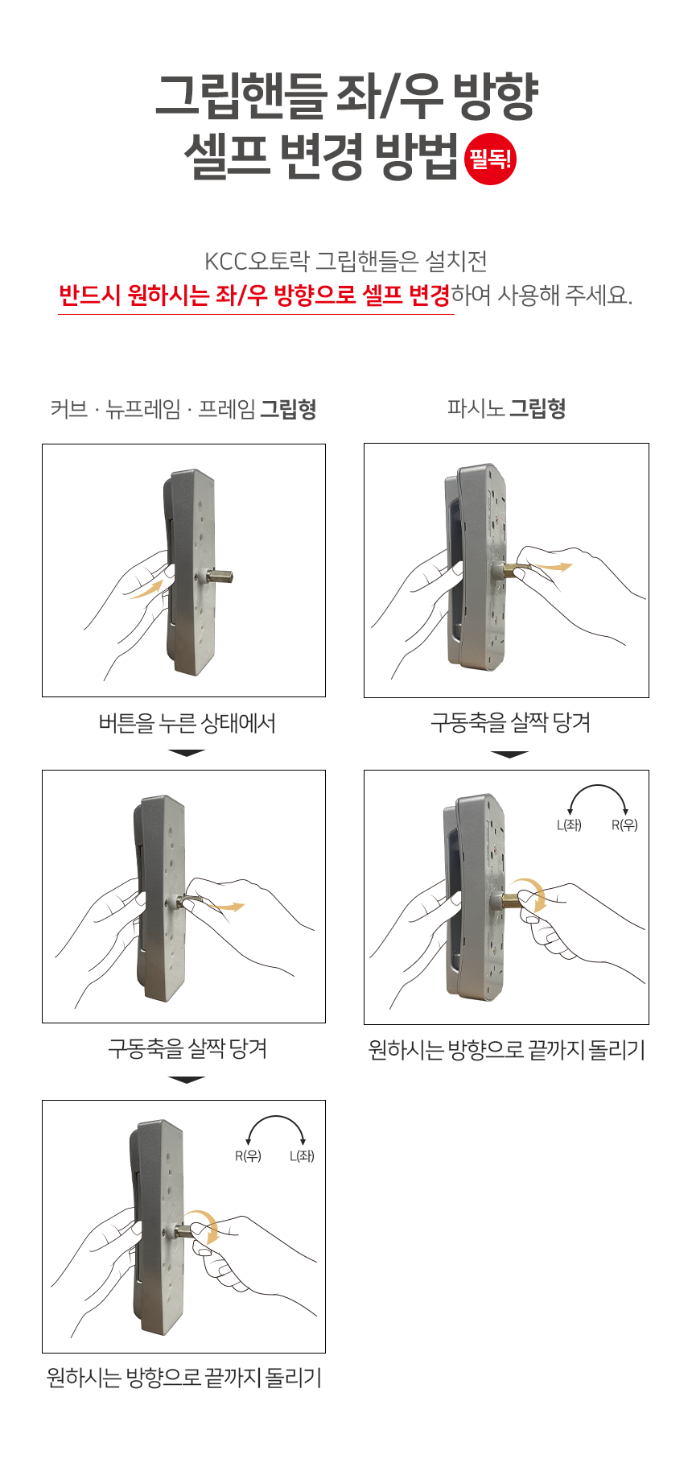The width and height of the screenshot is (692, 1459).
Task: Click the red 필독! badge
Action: coord(491,159)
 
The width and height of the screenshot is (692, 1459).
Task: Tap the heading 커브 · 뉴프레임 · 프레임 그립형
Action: coord(183,409)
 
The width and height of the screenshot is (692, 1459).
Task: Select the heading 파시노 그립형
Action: coord(506,408)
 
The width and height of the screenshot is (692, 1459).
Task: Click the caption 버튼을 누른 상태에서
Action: coord(187,723)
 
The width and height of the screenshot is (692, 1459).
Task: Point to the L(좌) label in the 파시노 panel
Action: coord(569,825)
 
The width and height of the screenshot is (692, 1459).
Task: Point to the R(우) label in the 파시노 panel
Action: coord(624,825)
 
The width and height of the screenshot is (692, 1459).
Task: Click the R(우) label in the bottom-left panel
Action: coord(248,1155)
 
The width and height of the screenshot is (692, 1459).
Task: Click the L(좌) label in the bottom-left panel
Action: coord(302,1155)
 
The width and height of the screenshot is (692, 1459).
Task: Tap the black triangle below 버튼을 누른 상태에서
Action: coord(187,753)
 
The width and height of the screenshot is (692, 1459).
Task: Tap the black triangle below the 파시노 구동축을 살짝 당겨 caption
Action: coord(509,754)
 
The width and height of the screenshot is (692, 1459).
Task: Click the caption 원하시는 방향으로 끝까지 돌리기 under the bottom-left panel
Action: coord(184,1378)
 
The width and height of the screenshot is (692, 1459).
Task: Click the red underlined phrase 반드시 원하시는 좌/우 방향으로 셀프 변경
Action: coord(255,295)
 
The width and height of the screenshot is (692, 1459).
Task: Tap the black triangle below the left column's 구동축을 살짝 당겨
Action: coord(187,1080)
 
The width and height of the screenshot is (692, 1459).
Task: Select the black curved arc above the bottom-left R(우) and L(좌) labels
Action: coord(275,1116)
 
